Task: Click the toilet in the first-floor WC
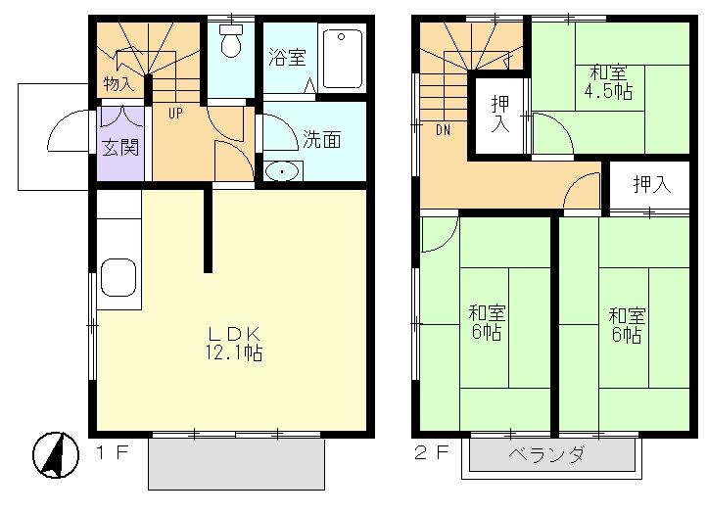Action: click(231, 42)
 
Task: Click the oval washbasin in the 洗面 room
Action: click(282, 172)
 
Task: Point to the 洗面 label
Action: click(321, 139)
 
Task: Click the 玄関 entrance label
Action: click(121, 148)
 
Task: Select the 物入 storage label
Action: click(119, 84)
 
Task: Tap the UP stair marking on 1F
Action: click(175, 113)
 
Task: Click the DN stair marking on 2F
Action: click(444, 127)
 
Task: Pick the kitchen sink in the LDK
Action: click(118, 278)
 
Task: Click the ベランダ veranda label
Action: click(547, 455)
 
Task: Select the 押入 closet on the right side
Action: click(651, 184)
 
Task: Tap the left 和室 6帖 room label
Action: click(487, 323)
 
